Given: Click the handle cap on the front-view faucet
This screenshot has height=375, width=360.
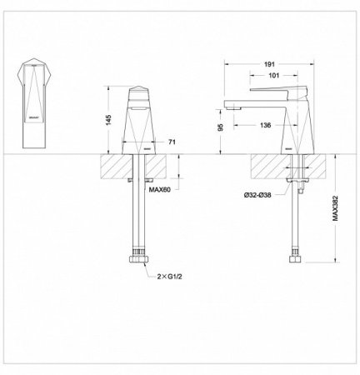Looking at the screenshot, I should click(x=139, y=94).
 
